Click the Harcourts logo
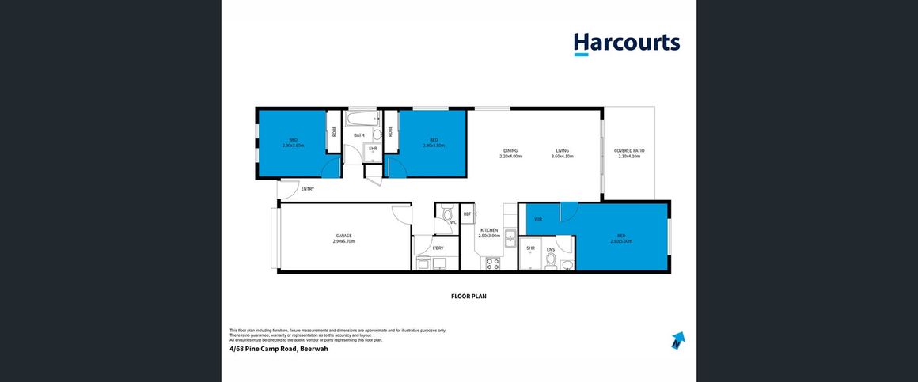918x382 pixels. pyautogui.click(x=627, y=43)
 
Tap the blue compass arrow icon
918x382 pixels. pyautogui.click(x=677, y=341)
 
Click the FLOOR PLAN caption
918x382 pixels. pyautogui.click(x=468, y=297)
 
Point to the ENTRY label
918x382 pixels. pyautogui.click(x=307, y=189)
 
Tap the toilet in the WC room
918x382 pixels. pyautogui.click(x=448, y=214)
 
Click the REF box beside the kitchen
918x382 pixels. pyautogui.click(x=467, y=214)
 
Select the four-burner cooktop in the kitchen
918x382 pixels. pyautogui.click(x=491, y=263)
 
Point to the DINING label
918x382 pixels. pyautogui.click(x=510, y=150)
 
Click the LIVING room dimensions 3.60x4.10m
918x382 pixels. pyautogui.click(x=562, y=157)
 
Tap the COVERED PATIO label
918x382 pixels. pyautogui.click(x=629, y=150)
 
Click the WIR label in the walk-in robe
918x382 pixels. pyautogui.click(x=538, y=219)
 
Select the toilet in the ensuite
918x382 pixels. pyautogui.click(x=551, y=259)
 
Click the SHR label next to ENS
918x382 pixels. pyautogui.click(x=530, y=248)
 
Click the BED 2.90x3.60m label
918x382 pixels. pyautogui.click(x=293, y=142)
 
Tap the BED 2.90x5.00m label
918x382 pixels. pyautogui.click(x=621, y=238)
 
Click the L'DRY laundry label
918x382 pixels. pyautogui.click(x=438, y=248)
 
